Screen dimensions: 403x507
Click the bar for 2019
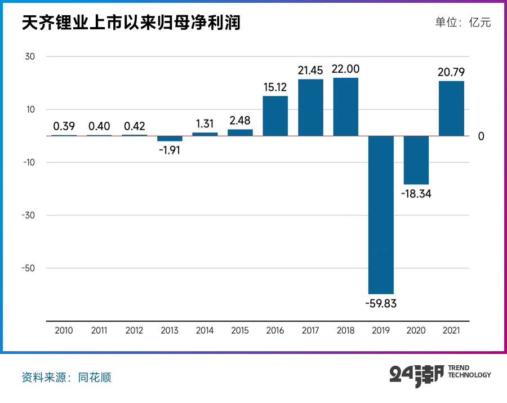381,215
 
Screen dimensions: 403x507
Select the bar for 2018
345,107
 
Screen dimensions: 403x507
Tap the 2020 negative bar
416,160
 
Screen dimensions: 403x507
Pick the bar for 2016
275,116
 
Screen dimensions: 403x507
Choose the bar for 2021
451,108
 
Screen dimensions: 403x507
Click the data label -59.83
381,303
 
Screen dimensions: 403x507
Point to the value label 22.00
345,69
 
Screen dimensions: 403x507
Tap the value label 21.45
310,70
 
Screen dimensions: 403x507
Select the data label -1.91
170,150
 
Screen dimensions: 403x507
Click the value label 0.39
64,126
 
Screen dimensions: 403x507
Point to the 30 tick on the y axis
29,57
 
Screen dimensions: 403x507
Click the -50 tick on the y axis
28,268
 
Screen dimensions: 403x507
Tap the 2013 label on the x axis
170,331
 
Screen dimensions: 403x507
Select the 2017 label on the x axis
310,331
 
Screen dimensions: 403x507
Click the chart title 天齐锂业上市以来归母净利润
131,23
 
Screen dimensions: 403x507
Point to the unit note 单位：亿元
463,23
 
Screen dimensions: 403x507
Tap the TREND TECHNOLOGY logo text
469,371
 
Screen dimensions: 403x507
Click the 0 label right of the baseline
481,136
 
